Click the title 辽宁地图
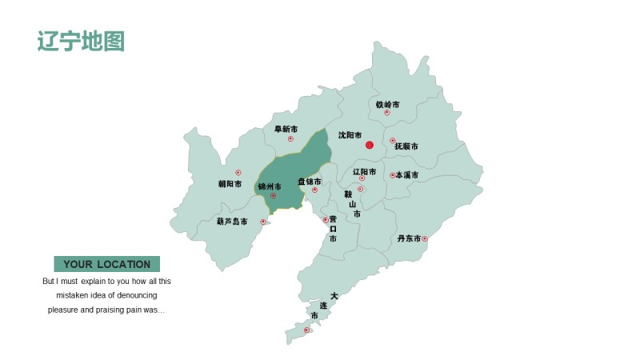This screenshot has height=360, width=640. click(x=81, y=42)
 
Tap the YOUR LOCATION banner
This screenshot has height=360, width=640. click(x=106, y=264)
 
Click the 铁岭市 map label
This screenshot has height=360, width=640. click(x=387, y=105)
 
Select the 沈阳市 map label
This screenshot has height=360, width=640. click(x=350, y=136)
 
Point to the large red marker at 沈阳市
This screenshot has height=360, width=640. click(x=370, y=145)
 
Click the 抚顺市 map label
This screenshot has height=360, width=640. click(x=406, y=146)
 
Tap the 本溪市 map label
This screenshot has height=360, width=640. click(x=407, y=175)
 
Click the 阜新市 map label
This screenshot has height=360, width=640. click(x=286, y=129)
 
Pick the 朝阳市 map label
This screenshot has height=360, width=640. click(x=230, y=183)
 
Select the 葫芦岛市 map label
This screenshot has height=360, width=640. click(x=232, y=222)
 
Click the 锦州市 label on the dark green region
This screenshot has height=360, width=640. click(x=269, y=186)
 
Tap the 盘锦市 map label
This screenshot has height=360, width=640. click(x=310, y=182)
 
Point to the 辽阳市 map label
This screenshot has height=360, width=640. click(x=364, y=171)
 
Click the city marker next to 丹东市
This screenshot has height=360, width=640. click(x=425, y=238)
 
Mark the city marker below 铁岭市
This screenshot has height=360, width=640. click(x=387, y=113)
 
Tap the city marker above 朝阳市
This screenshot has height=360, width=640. click(x=238, y=173)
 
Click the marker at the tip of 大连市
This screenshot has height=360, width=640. click(x=306, y=330)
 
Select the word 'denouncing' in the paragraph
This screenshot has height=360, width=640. click(x=146, y=295)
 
